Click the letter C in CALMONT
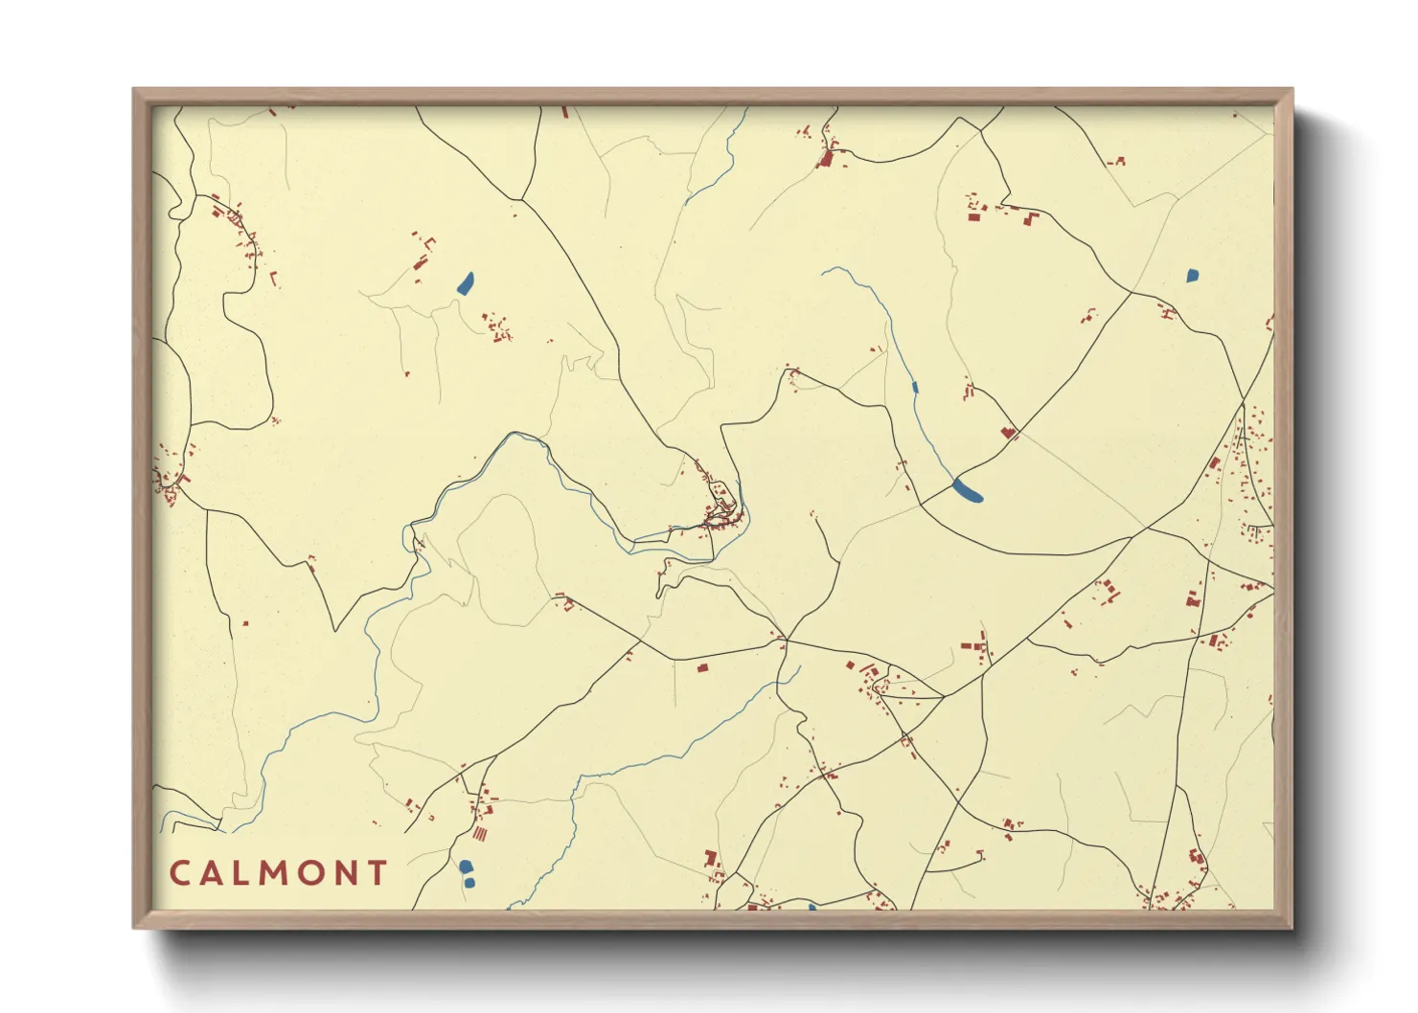(x=179, y=873)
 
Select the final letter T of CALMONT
(x=377, y=873)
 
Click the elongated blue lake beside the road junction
(x=968, y=491)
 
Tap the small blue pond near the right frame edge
(x=1192, y=276)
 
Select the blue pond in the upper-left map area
(x=466, y=282)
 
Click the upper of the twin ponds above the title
(x=465, y=867)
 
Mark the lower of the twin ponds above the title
(x=469, y=882)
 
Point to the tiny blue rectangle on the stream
(x=915, y=387)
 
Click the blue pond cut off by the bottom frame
(x=812, y=906)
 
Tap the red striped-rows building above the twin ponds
(x=479, y=835)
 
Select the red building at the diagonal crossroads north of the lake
(x=1007, y=433)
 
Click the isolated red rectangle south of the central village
(x=701, y=667)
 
